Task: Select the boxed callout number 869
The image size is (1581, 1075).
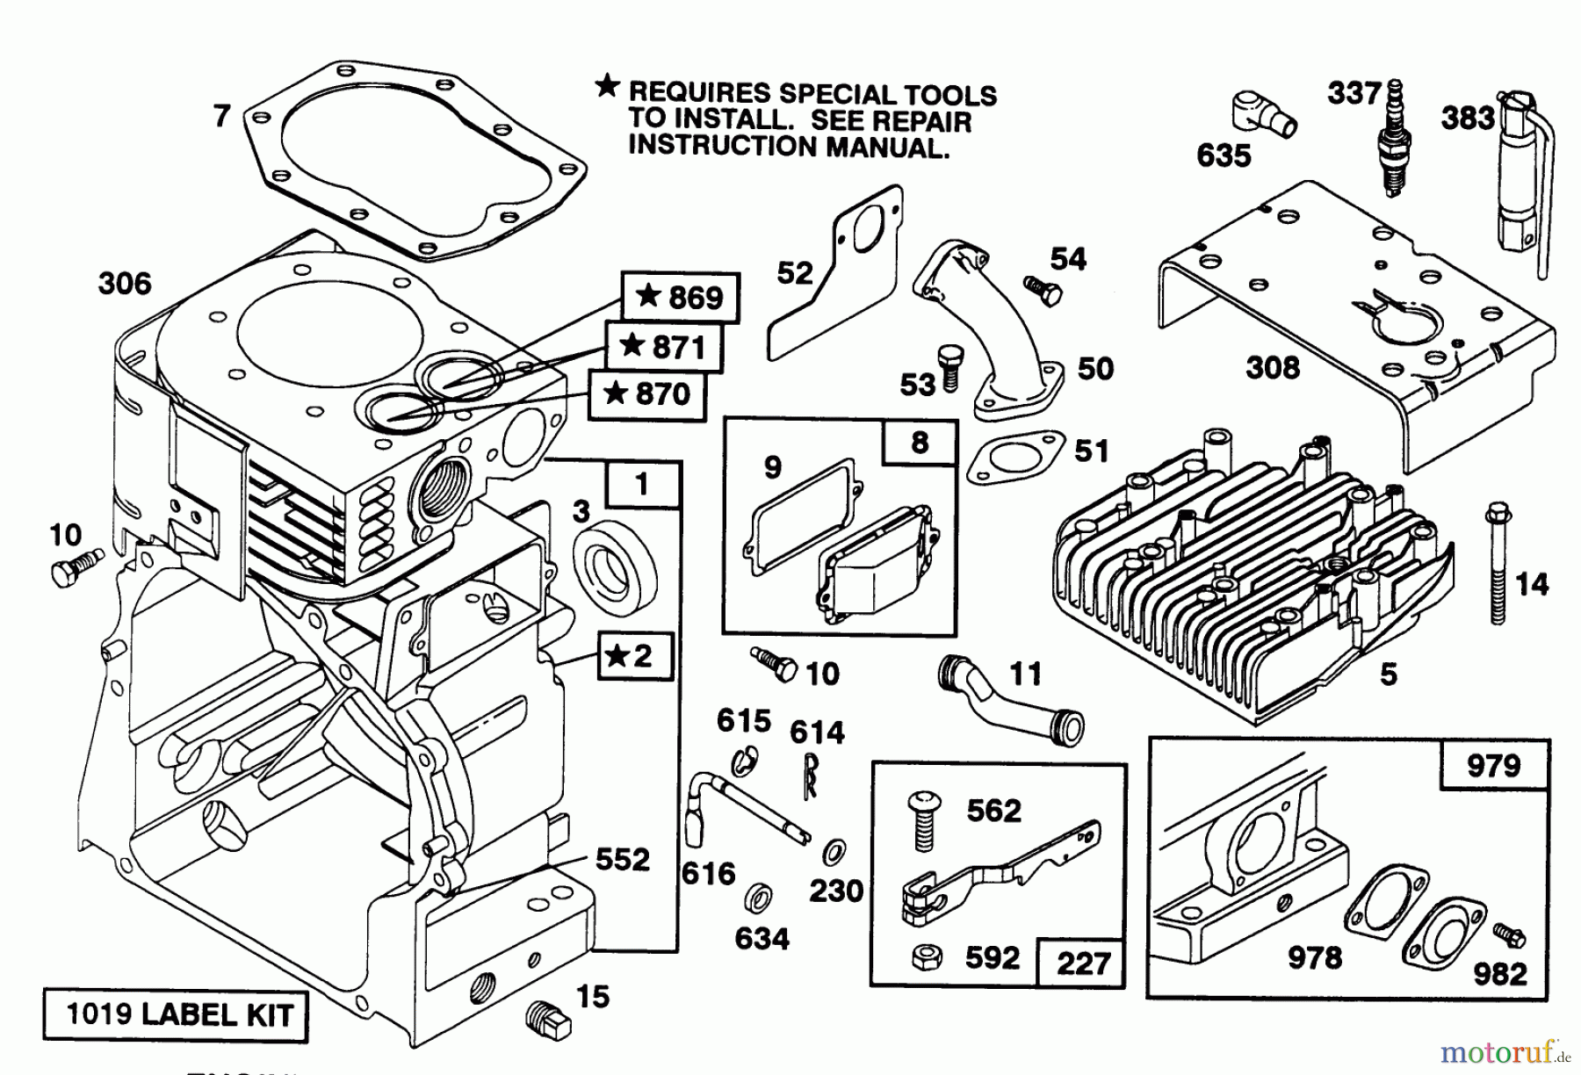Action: click(x=681, y=297)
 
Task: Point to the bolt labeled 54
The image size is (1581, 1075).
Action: click(x=1038, y=287)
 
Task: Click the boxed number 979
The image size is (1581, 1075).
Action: click(x=1493, y=765)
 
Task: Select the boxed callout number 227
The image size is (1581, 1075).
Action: click(x=1082, y=963)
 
